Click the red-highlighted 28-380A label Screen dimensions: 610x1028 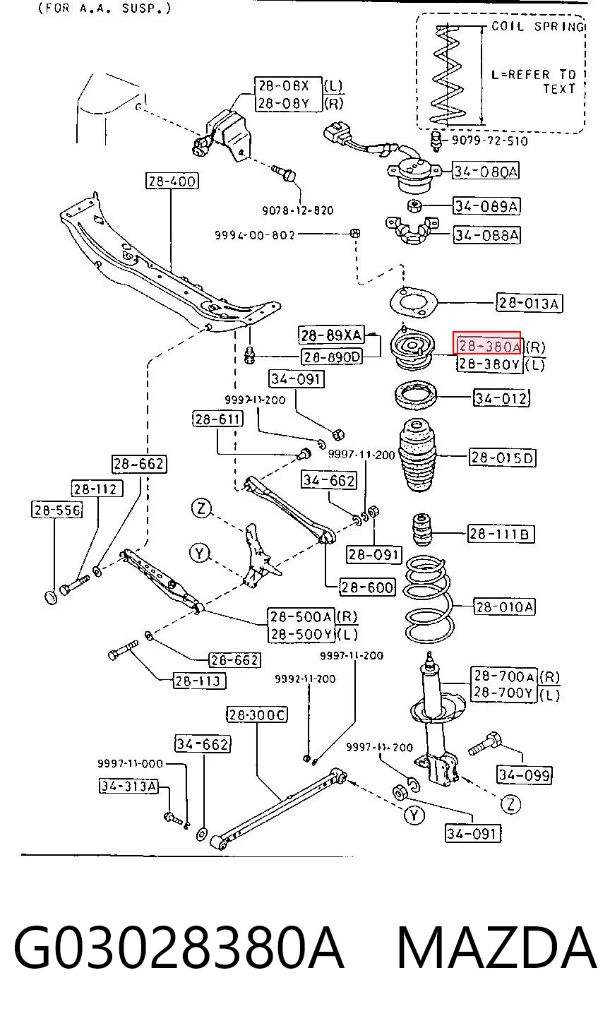tap(486, 343)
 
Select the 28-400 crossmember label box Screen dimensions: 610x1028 tap(172, 181)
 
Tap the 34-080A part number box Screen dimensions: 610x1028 tap(486, 171)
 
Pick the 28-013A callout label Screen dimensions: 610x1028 tap(530, 303)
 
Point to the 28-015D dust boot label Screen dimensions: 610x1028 tap(503, 458)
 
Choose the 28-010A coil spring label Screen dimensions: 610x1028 tap(504, 606)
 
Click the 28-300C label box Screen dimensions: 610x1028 tap(257, 715)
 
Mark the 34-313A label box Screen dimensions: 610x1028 tap(128, 786)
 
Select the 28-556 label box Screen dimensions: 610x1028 tap(57, 510)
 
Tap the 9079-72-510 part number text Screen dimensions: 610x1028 tap(490, 141)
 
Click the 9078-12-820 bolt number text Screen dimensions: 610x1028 tap(297, 210)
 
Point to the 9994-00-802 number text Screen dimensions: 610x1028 tap(255, 235)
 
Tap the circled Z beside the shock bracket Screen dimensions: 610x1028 tap(511, 803)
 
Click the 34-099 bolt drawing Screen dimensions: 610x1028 tap(485, 743)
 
